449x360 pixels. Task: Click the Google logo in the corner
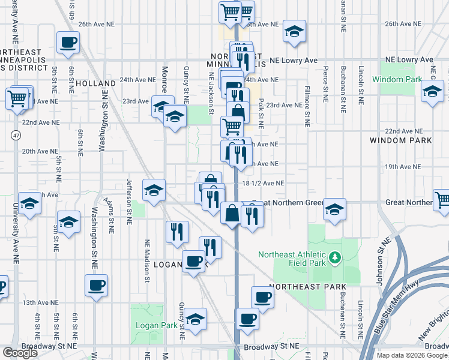point(20,353)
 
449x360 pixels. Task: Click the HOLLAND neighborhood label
point(95,83)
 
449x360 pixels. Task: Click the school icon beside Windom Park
point(432,92)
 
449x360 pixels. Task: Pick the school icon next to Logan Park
point(195,319)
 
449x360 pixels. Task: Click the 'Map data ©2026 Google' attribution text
point(412,355)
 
